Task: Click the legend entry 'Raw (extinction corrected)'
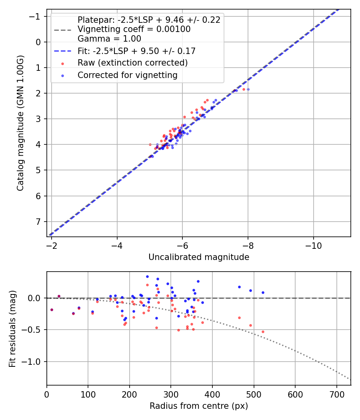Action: (132, 63)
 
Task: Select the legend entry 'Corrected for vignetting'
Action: (127, 75)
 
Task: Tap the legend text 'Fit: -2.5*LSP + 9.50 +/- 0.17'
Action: (136, 51)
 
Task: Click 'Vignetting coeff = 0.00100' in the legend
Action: (134, 29)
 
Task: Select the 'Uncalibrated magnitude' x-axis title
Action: (199, 257)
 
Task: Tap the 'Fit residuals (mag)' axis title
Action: (12, 328)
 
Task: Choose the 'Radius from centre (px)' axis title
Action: (199, 406)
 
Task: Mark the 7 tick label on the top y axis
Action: (38, 222)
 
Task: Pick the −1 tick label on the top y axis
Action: (36, 16)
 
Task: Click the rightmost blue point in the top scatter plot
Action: (248, 89)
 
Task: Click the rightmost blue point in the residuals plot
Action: (263, 292)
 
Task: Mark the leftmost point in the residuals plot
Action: (52, 310)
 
